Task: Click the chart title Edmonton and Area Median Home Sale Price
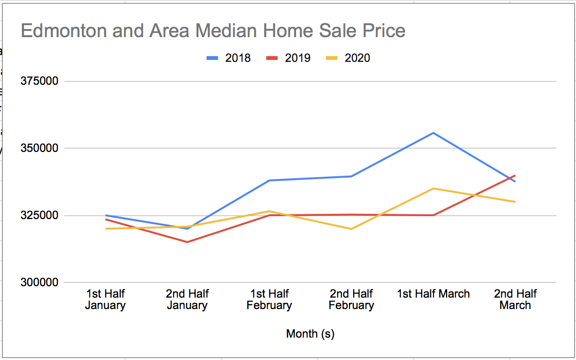pos(213,31)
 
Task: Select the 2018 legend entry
pos(228,58)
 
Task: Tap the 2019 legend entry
pos(288,58)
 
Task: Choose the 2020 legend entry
pos(348,58)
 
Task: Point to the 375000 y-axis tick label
pos(40,81)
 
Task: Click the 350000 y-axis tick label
pos(40,148)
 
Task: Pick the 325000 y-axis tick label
pos(40,215)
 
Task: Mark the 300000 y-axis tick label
pos(40,282)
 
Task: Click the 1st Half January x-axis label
pos(105,300)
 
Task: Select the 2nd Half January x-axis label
pos(187,300)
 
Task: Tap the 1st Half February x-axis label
pos(269,300)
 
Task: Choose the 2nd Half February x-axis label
pos(351,300)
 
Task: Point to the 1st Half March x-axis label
pos(433,294)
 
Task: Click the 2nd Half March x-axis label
pos(515,300)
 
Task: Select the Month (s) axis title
pos(310,334)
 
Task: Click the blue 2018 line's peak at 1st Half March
pos(433,133)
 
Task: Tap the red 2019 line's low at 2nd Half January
pos(187,242)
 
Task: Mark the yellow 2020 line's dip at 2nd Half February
pos(351,229)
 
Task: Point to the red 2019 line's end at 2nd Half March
pos(515,175)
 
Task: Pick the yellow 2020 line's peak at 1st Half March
pos(433,189)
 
